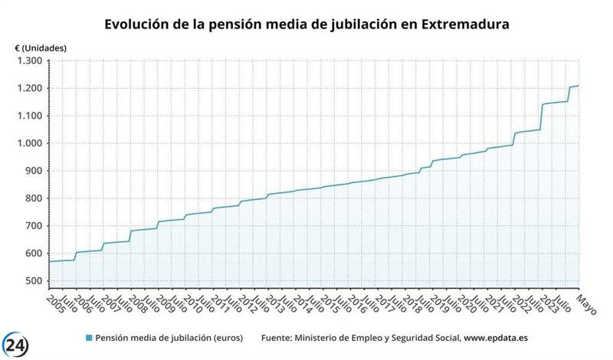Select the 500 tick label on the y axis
tap(34, 281)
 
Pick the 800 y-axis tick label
tap(34, 198)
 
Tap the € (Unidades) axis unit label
tap(41, 47)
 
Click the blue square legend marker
tap(88, 338)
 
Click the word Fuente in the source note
tap(277, 338)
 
